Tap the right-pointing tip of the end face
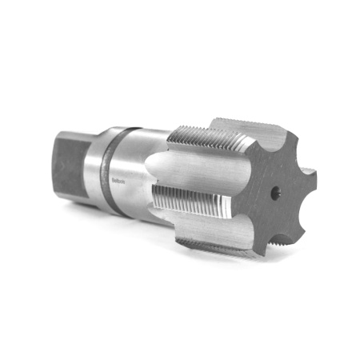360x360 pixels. point(310,178)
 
